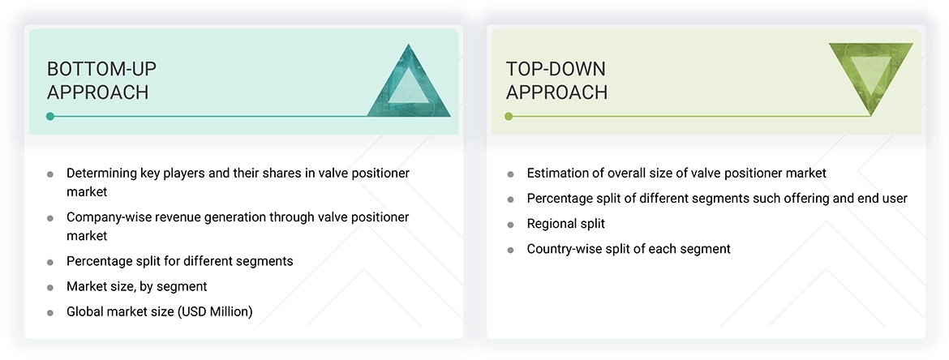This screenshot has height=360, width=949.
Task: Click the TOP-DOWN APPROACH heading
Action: click(556, 80)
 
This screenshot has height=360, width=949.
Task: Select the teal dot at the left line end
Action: click(50, 117)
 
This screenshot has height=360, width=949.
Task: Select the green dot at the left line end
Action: click(509, 117)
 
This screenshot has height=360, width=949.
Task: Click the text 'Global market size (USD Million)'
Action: click(160, 311)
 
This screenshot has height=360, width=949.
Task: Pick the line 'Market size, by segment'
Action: click(136, 286)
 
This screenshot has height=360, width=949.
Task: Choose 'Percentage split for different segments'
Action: click(179, 261)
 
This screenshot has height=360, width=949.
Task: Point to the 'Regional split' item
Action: click(565, 224)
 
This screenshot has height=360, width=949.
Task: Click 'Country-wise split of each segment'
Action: click(629, 249)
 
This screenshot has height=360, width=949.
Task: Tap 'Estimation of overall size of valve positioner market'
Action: click(676, 173)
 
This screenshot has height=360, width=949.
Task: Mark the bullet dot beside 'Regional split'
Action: click(510, 225)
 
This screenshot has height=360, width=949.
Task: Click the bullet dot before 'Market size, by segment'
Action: click(50, 287)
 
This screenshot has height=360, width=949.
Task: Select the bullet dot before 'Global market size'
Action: click(50, 312)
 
